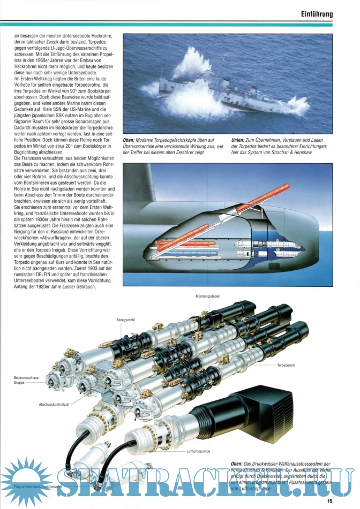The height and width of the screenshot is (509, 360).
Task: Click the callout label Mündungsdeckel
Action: click(208, 295)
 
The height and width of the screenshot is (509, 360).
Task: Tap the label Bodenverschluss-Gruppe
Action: click(26, 381)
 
